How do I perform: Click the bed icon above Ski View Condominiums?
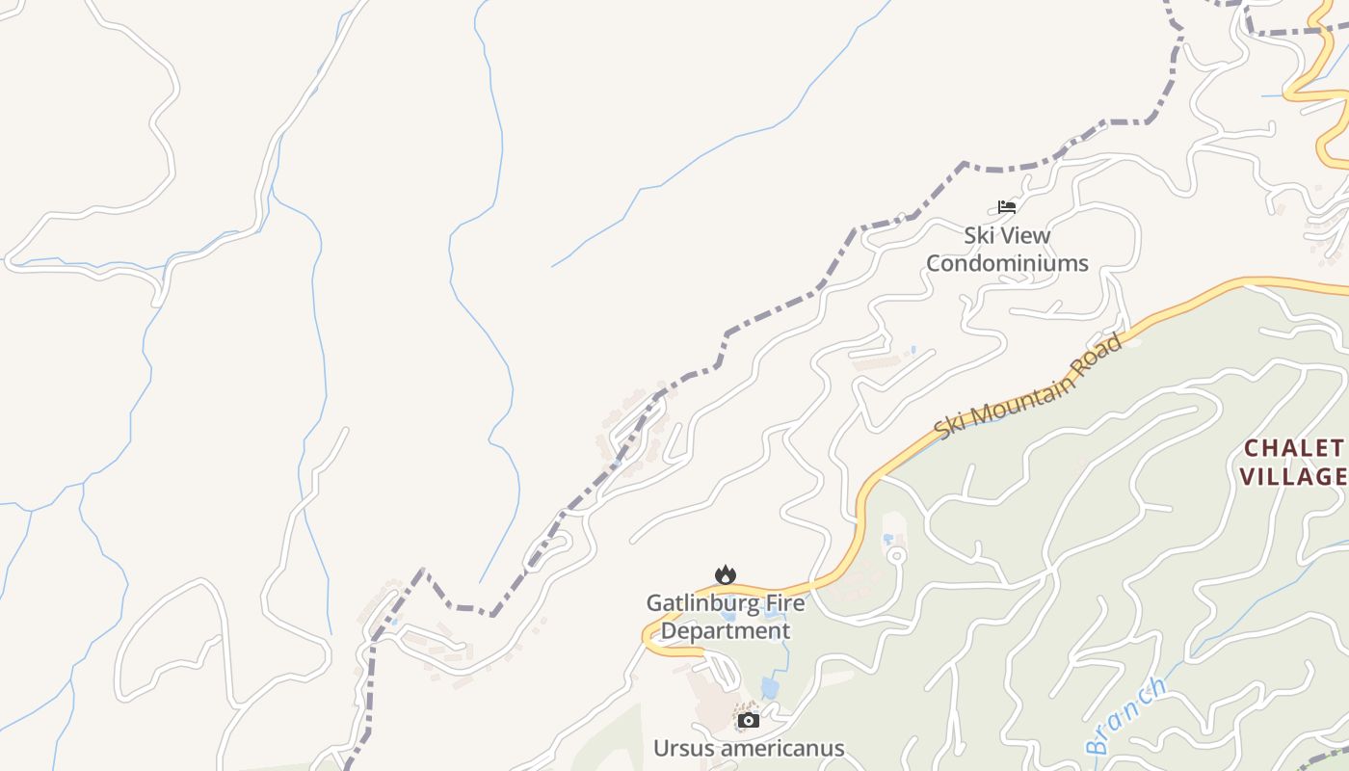pos(1007,206)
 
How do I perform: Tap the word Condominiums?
pos(1007,263)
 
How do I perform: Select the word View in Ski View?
pos(1024,235)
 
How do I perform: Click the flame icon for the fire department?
pos(725,575)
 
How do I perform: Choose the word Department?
pos(726,631)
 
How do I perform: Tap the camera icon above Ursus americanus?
pos(748,720)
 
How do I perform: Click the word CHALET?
pos(1293,448)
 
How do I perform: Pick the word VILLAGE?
pos(1293,476)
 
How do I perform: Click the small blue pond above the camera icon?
pos(770,687)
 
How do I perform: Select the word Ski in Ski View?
pos(980,235)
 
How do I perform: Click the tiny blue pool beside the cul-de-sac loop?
pos(887,539)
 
